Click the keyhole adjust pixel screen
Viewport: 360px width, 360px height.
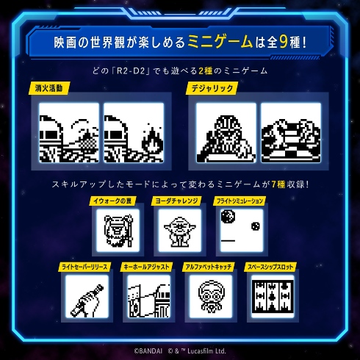(148, 298)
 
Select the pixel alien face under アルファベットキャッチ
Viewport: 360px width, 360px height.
(209, 298)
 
